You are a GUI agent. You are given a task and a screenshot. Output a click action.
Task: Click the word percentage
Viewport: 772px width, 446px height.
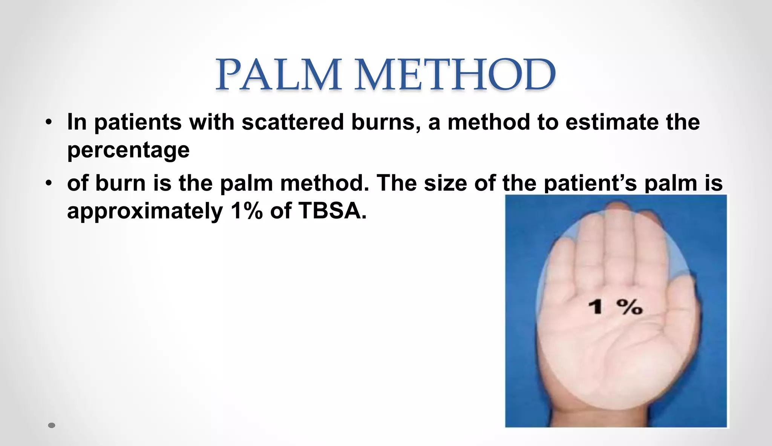pyautogui.click(x=128, y=150)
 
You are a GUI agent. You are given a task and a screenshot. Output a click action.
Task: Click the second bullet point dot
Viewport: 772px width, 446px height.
pyautogui.click(x=48, y=183)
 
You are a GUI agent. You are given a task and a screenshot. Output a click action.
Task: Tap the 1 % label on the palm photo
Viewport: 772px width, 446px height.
pyautogui.click(x=615, y=306)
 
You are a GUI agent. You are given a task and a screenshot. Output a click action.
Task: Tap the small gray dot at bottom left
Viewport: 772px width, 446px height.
pyautogui.click(x=52, y=425)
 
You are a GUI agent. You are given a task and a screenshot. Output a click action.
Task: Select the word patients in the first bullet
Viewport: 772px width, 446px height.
pyautogui.click(x=138, y=122)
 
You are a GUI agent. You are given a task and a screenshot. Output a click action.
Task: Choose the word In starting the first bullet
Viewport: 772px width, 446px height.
pyautogui.click(x=77, y=122)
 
